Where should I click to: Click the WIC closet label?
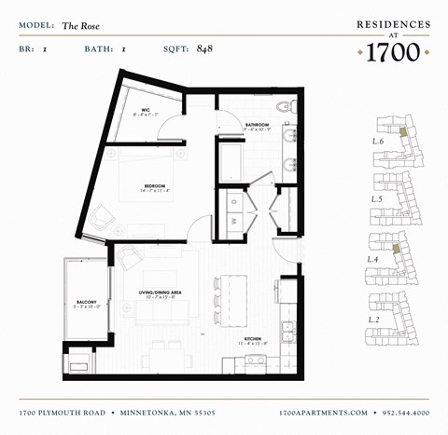tap(147, 111)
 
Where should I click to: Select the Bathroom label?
tap(258, 124)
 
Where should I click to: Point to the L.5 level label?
tap(378, 199)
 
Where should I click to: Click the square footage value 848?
tap(206, 48)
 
